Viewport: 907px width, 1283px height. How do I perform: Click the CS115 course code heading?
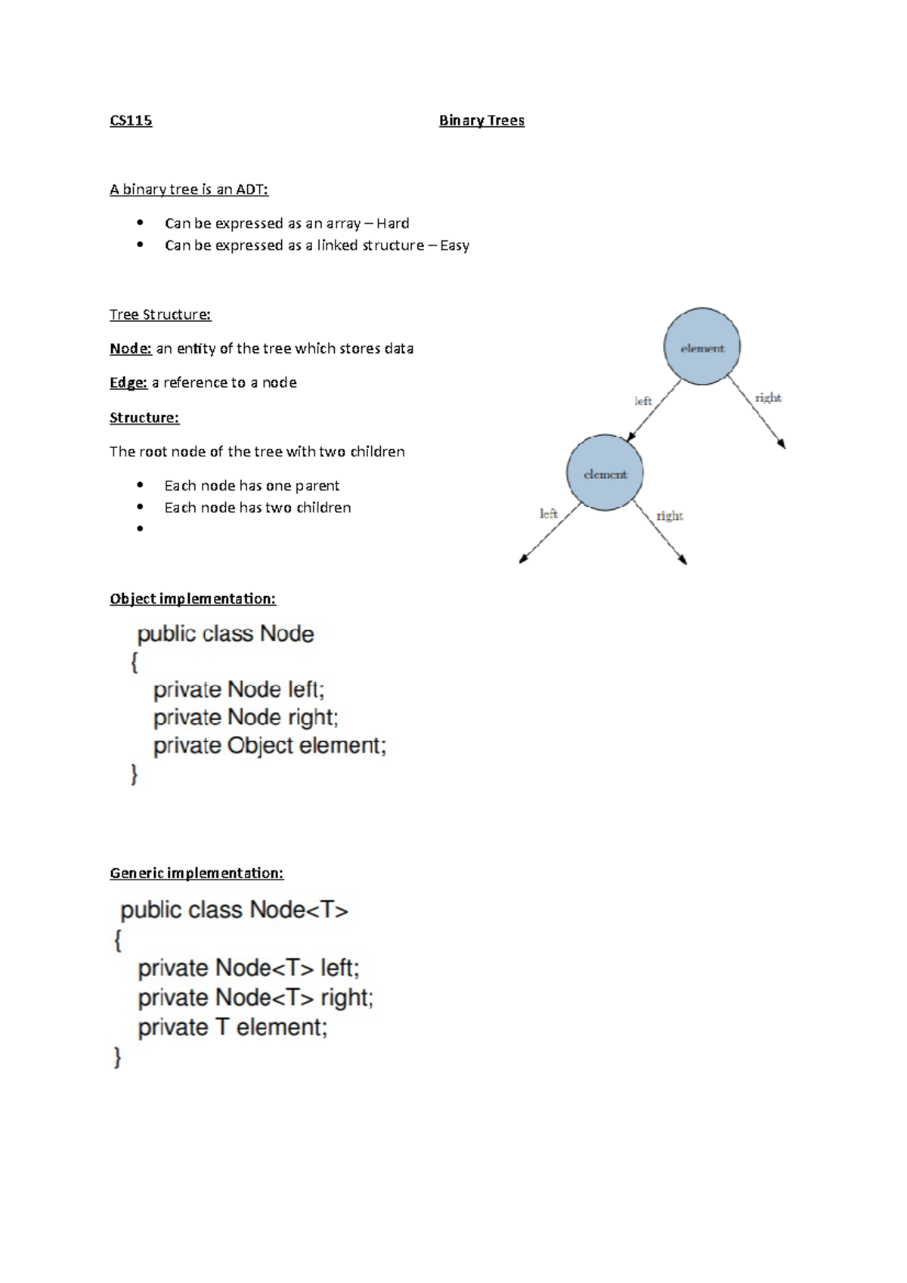tap(131, 121)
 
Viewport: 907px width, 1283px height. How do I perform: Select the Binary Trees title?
tap(481, 121)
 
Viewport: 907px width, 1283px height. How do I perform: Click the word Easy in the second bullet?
tap(454, 246)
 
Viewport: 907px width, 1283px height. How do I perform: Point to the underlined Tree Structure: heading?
tap(160, 314)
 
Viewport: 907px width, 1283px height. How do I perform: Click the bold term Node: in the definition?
tap(131, 348)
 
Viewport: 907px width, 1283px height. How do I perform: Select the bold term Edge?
tap(128, 383)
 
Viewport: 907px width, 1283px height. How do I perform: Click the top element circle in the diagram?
tap(702, 347)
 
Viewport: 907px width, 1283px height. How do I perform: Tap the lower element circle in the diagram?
tap(605, 473)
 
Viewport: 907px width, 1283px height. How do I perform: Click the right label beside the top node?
tap(768, 398)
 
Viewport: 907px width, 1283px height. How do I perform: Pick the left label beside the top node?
tap(643, 401)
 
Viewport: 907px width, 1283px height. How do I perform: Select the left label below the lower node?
tap(548, 514)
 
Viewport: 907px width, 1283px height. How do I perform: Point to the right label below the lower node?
tap(670, 516)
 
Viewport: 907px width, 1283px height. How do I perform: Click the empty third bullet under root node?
tap(140, 529)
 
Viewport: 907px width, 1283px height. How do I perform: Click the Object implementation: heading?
tap(193, 599)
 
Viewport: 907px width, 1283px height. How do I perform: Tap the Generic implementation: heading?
tap(197, 873)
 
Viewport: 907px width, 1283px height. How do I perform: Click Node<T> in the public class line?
tap(299, 910)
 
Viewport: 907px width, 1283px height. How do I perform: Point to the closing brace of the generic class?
tap(118, 1058)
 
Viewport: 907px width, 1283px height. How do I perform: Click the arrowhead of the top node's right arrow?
tap(783, 446)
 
